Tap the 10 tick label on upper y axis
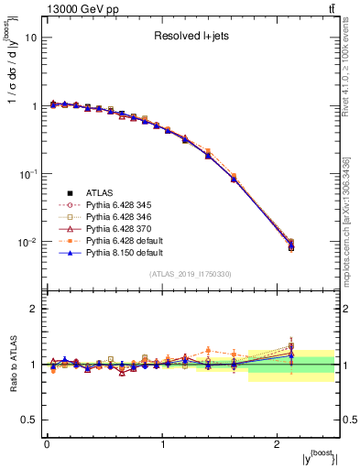31,38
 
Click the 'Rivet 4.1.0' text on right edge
348,92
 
